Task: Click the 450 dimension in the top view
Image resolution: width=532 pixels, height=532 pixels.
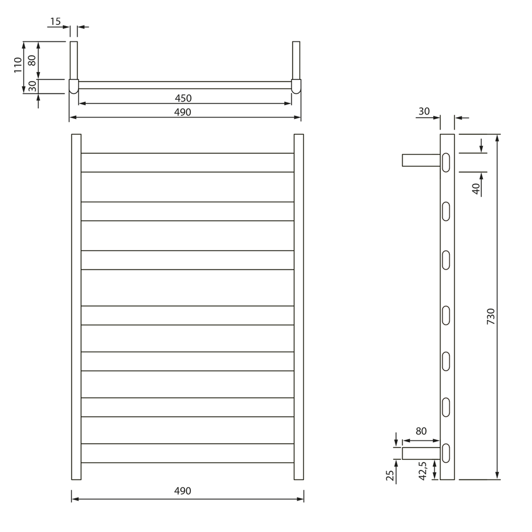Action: [183, 98]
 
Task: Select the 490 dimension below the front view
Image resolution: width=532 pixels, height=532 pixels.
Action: [183, 491]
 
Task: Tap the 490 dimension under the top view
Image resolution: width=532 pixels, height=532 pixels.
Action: [183, 112]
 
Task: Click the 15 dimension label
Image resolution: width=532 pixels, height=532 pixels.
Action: [55, 22]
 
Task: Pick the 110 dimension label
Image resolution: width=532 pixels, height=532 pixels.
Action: [18, 64]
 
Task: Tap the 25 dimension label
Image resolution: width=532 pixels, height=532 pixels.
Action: [390, 476]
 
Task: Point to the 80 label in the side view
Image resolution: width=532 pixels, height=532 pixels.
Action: [421, 432]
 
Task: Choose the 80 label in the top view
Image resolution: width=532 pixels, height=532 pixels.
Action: [32, 60]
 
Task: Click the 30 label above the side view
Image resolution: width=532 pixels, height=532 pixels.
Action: [424, 111]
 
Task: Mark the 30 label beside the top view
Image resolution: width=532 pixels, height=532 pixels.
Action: [32, 85]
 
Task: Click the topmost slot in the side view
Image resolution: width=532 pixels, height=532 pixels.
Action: [446, 163]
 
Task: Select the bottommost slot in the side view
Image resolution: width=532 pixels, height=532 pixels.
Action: [446, 453]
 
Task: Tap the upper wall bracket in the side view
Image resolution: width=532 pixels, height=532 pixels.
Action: [421, 160]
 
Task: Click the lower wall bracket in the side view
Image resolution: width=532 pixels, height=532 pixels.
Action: [421, 453]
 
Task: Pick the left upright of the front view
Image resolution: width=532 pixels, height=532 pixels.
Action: [76, 307]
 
